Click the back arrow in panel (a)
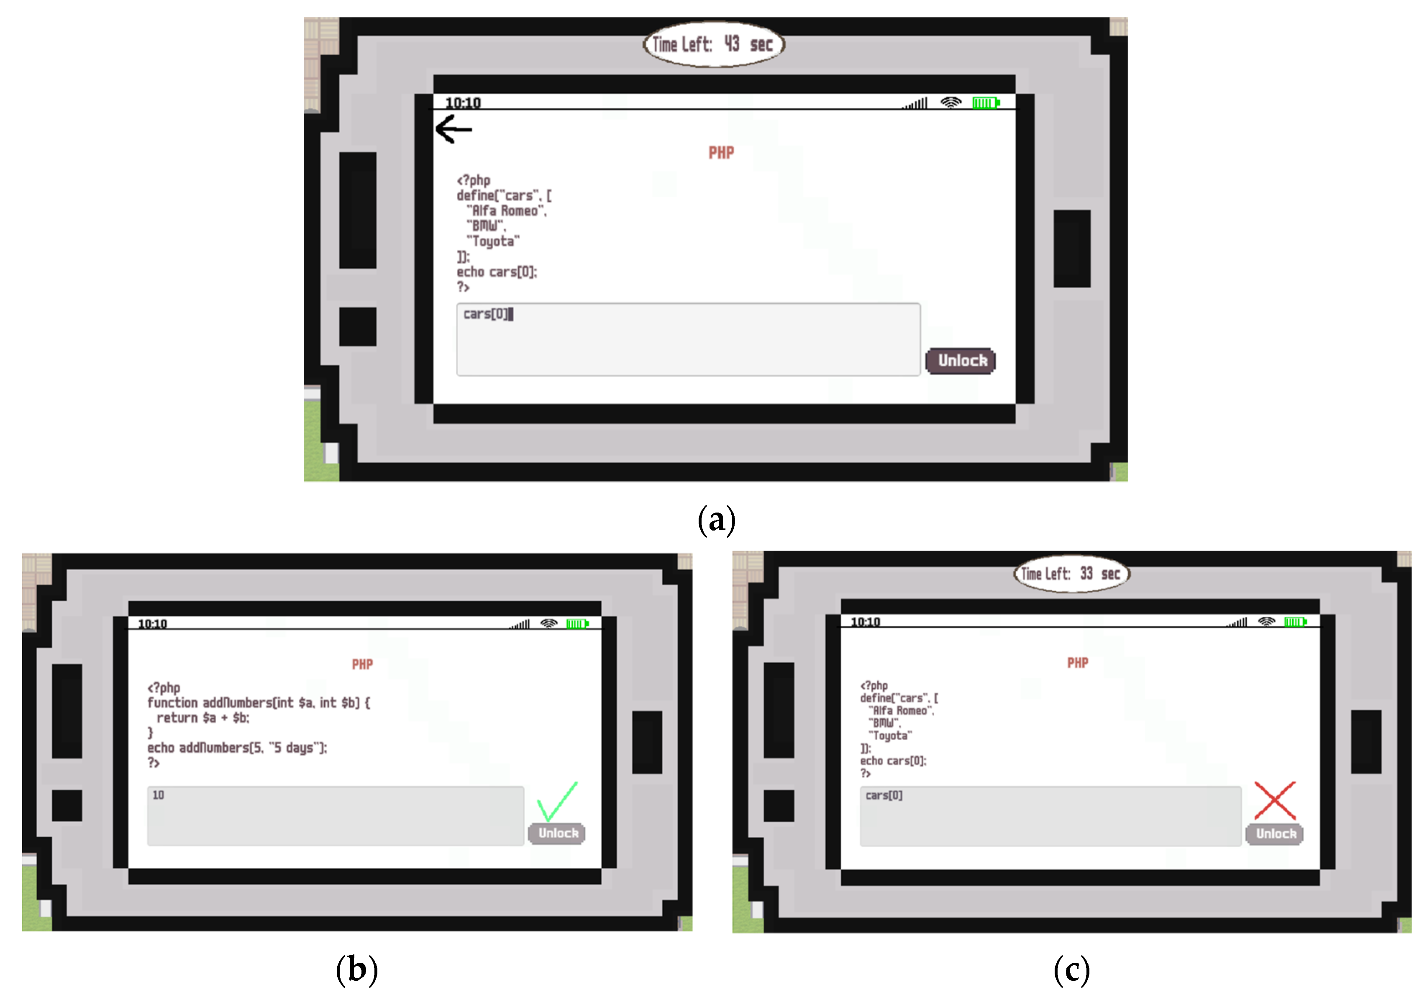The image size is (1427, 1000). click(x=454, y=129)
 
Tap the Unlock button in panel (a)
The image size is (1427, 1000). click(x=961, y=361)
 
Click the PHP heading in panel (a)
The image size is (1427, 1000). click(x=721, y=153)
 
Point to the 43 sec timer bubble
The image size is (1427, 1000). click(x=714, y=44)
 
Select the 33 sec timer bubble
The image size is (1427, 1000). click(x=1071, y=574)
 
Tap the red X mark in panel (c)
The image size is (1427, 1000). click(x=1275, y=800)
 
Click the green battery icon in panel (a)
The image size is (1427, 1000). click(x=986, y=103)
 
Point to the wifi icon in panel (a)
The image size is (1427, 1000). click(x=950, y=103)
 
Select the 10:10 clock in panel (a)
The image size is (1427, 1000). click(x=463, y=103)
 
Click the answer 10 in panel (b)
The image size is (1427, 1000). click(x=159, y=795)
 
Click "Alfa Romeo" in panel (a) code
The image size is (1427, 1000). click(x=507, y=211)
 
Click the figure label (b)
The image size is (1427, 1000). click(x=357, y=969)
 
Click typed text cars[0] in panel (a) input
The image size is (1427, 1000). click(x=485, y=314)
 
